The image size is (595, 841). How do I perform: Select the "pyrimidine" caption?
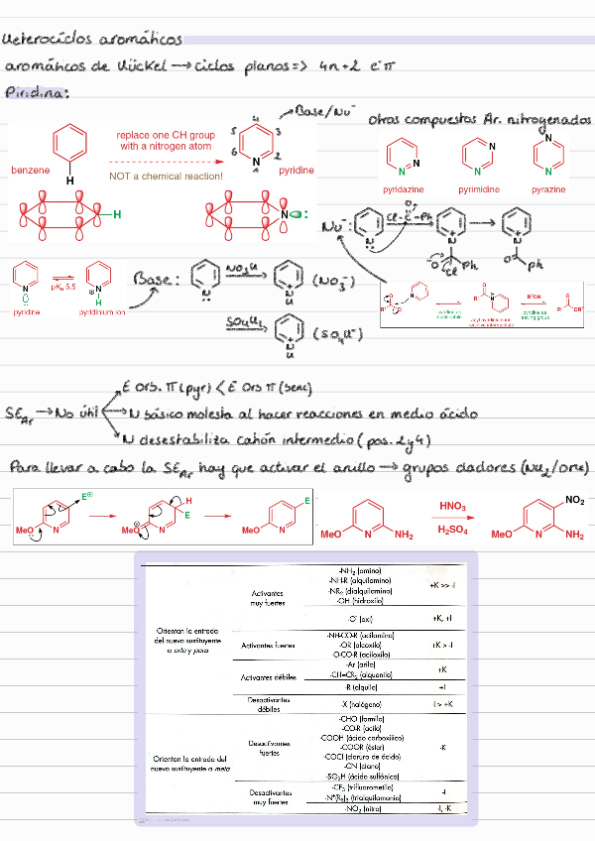(478, 188)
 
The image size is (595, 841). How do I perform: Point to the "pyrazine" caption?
(548, 188)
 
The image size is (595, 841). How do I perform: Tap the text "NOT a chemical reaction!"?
(166, 176)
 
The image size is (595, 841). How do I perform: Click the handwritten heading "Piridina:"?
(37, 92)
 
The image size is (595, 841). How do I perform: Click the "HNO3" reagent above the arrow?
(454, 508)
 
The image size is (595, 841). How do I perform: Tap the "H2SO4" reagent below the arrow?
(453, 530)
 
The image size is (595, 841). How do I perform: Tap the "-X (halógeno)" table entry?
(361, 703)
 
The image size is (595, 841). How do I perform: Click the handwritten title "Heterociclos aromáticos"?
(93, 40)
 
